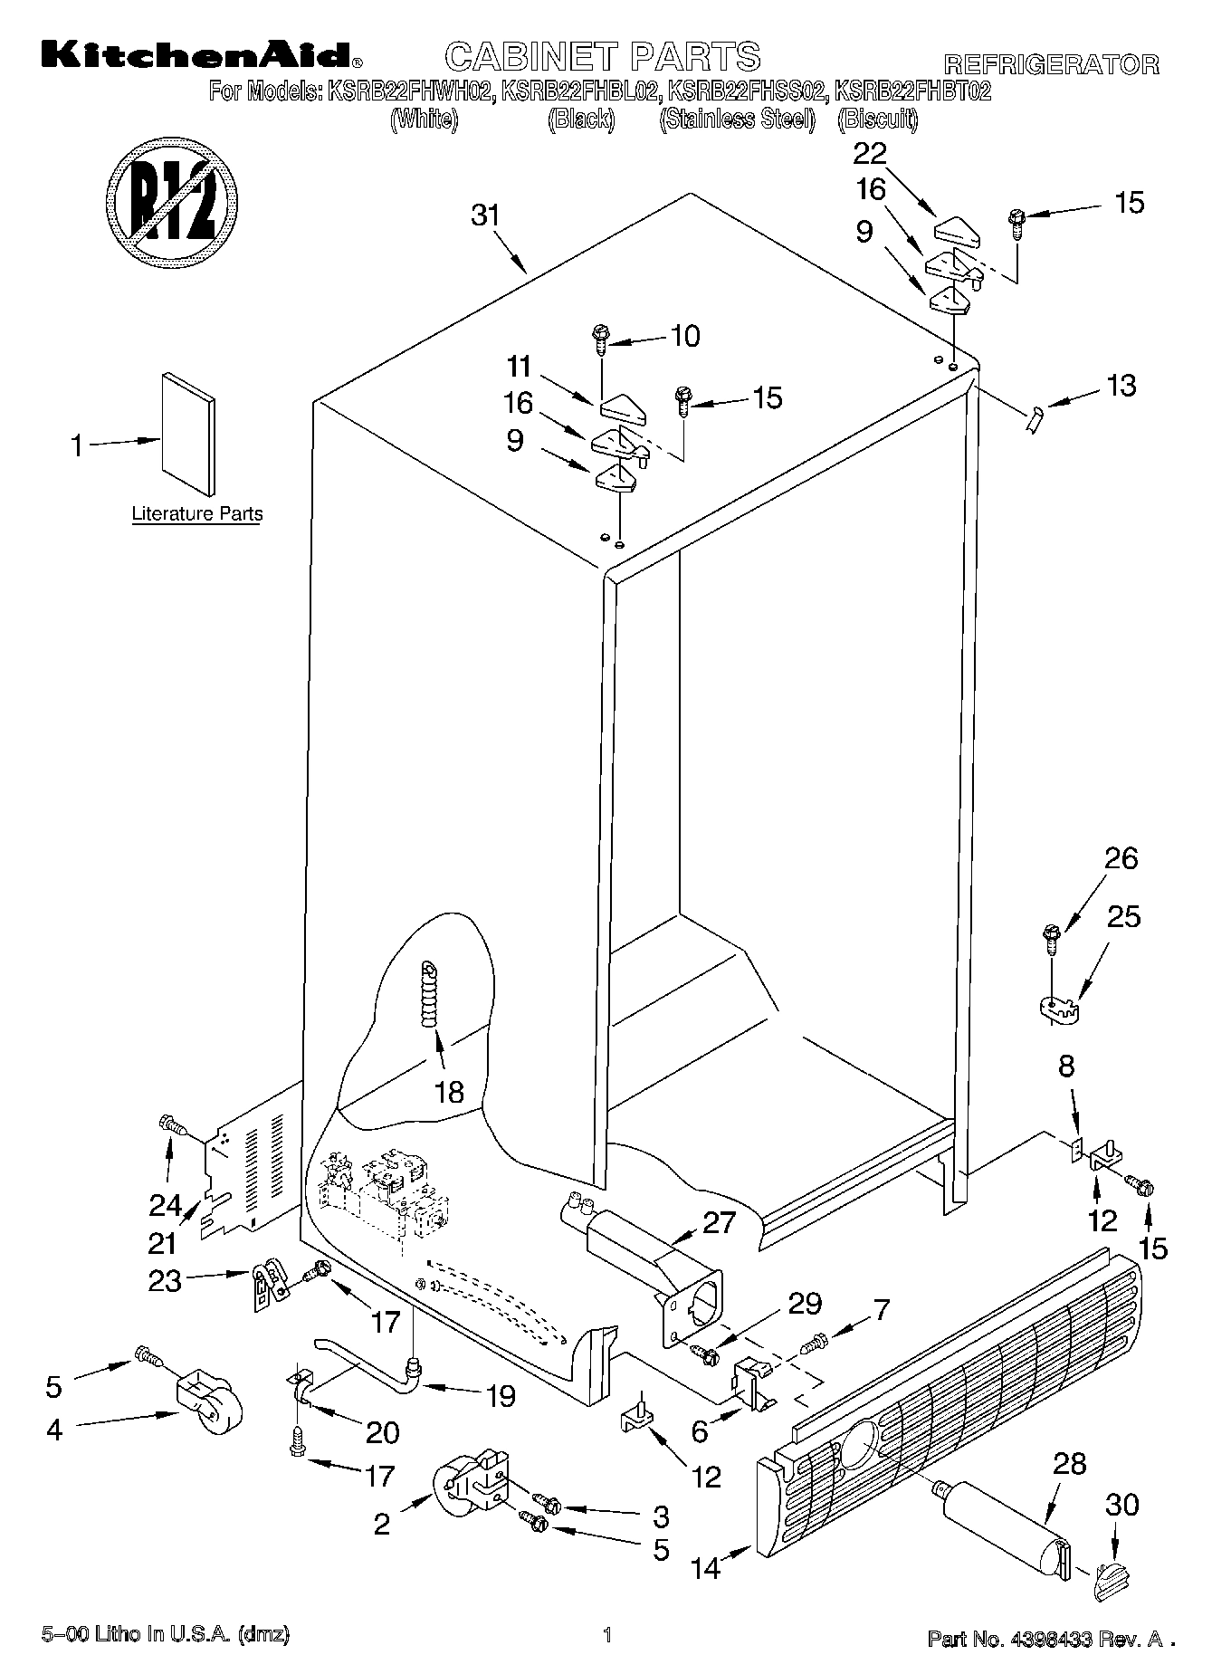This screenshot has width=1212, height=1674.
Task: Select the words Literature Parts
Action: (x=197, y=514)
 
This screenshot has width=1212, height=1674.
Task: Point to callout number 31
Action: (x=485, y=216)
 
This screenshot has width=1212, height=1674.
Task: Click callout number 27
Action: (x=719, y=1222)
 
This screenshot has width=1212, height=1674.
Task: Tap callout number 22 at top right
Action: (x=870, y=153)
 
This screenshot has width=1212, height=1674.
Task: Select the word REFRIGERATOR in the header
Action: (x=1051, y=64)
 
